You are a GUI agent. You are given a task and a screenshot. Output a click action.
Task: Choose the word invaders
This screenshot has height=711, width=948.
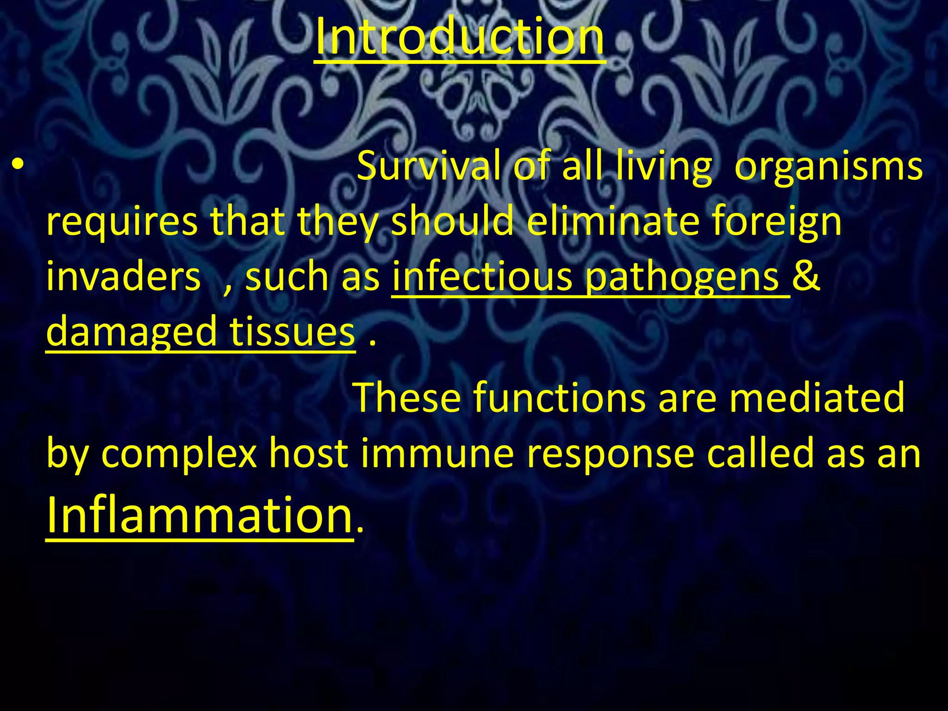pyautogui.click(x=123, y=277)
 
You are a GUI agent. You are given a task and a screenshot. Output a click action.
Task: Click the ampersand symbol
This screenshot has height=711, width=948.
pyautogui.click(x=806, y=276)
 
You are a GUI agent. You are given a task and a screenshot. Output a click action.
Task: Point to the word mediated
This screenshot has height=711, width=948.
pyautogui.click(x=817, y=397)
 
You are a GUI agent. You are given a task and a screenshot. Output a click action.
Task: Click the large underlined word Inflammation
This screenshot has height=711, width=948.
pyautogui.click(x=199, y=515)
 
